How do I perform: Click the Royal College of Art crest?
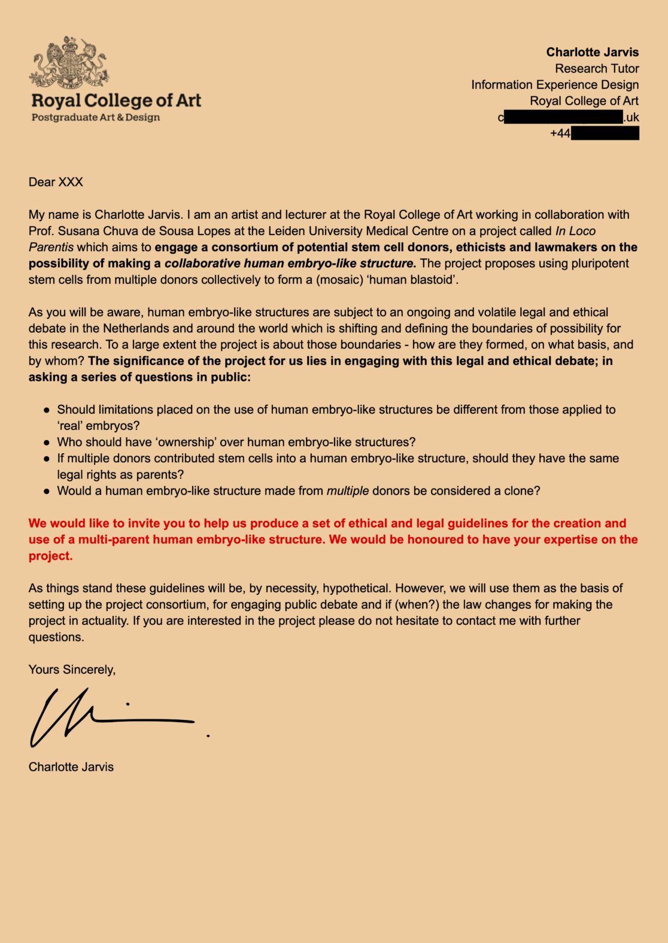coord(69,62)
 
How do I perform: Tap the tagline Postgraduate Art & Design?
coord(96,117)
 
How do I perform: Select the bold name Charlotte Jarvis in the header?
coord(592,52)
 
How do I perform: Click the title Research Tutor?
coord(597,68)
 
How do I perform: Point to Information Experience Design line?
coord(554,84)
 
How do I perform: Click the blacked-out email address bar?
coord(563,117)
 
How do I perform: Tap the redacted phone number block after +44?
coord(605,133)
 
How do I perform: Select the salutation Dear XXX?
coord(56,182)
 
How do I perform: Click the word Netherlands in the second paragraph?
coord(137,328)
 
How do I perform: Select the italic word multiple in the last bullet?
coord(347,491)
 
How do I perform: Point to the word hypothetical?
coord(355,588)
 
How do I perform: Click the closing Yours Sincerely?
coord(72,669)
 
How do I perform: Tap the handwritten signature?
coord(108,718)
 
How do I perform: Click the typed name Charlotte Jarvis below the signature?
coord(71,767)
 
